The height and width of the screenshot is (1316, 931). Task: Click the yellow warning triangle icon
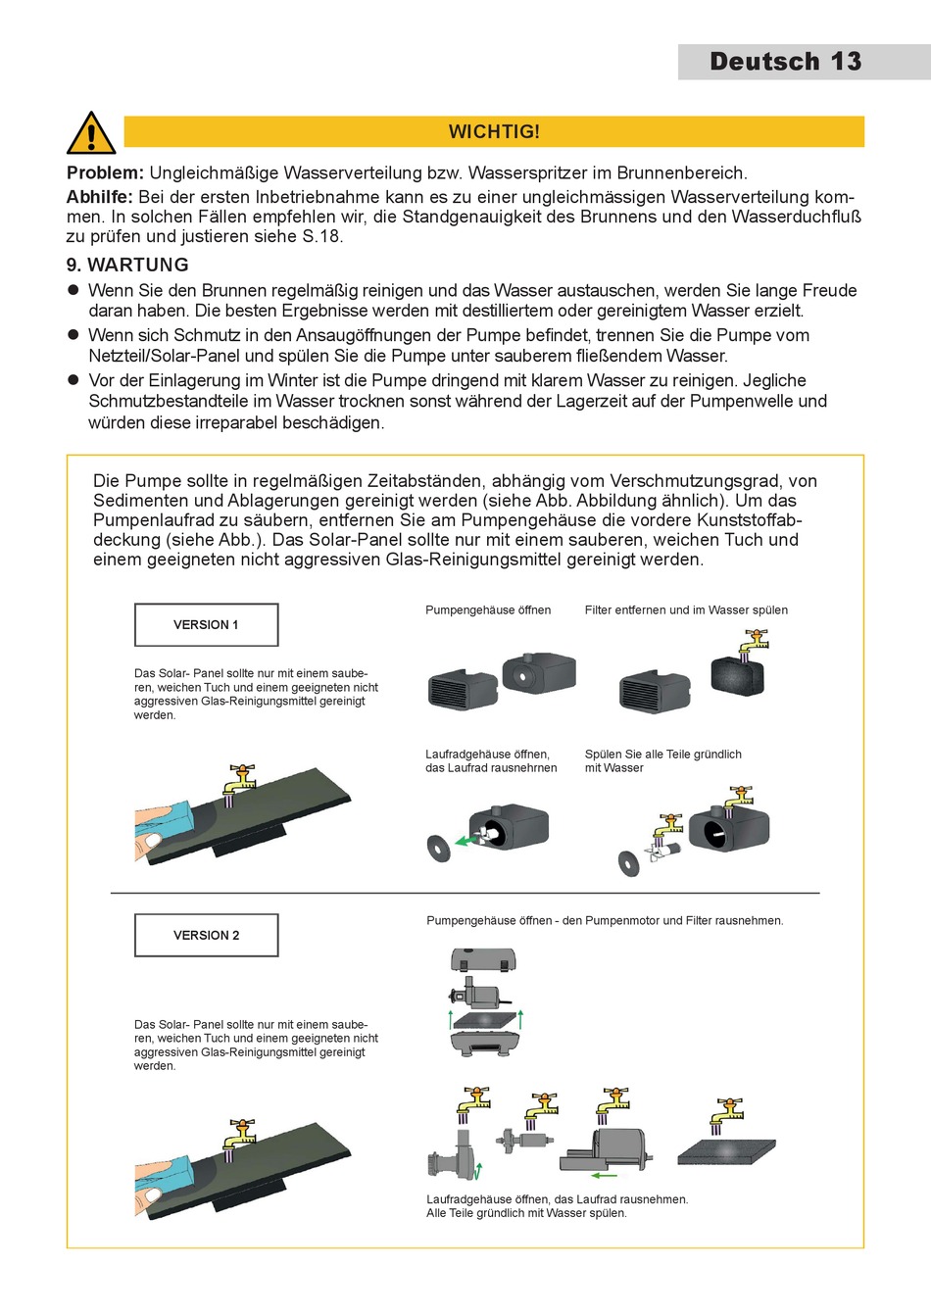[91, 133]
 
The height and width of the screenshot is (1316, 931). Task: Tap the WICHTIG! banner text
[494, 132]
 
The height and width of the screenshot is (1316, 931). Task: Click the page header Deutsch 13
[785, 62]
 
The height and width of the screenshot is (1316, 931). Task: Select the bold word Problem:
[105, 173]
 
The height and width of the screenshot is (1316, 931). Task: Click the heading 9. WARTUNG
[127, 265]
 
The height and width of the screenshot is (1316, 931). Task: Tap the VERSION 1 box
[206, 625]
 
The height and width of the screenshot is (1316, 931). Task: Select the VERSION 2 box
[206, 936]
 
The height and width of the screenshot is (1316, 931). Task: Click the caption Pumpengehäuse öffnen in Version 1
[488, 610]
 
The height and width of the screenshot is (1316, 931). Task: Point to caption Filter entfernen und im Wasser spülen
[686, 610]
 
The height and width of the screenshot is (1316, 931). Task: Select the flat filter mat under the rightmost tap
[727, 1151]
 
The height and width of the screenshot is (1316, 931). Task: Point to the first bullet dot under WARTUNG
[73, 290]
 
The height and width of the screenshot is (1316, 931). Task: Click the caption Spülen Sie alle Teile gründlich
[662, 755]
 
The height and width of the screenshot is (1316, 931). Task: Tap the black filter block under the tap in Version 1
[737, 675]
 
